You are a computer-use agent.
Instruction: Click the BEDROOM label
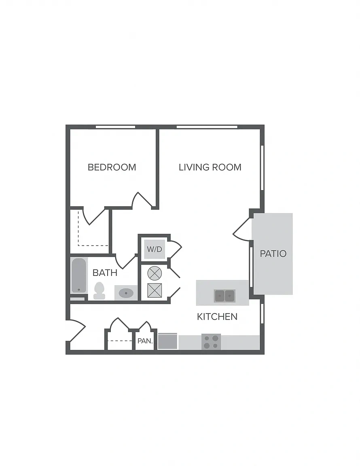(112, 167)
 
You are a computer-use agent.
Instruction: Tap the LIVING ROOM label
(210, 167)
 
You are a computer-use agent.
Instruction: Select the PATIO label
(273, 254)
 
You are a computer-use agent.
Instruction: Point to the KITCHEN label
(217, 316)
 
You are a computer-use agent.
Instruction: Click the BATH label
(105, 273)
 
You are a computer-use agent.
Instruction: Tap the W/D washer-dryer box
(155, 249)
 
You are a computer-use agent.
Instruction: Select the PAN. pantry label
(145, 341)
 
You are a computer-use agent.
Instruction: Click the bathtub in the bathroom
(79, 275)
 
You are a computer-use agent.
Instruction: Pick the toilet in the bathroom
(99, 291)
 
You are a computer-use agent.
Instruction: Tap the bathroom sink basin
(126, 293)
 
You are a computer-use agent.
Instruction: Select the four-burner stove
(211, 342)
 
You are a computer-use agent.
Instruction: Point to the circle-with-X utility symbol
(155, 273)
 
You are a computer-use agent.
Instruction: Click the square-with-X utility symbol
(155, 290)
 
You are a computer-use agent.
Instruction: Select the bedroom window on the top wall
(115, 127)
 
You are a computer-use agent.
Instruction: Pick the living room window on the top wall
(207, 127)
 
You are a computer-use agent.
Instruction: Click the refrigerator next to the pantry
(167, 341)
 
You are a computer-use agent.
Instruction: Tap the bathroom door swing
(125, 262)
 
